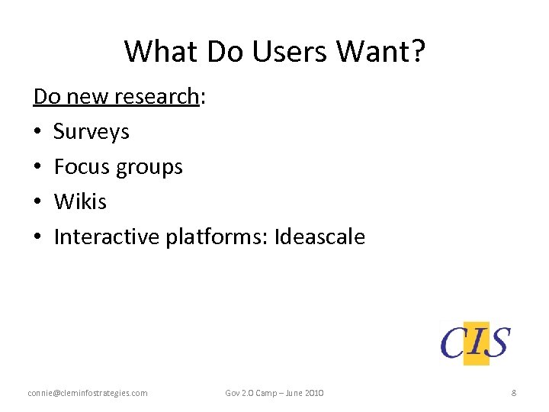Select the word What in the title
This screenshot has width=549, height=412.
coord(156,51)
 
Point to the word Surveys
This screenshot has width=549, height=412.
coord(91,132)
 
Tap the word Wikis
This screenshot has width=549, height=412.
coord(80,202)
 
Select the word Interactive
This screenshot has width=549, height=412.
coord(107,237)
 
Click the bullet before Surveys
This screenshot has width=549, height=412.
coord(37,132)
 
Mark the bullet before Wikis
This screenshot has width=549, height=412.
coord(37,202)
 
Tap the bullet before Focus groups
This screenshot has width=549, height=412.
coord(37,167)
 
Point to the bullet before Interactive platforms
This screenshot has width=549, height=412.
coord(37,237)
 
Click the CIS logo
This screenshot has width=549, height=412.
coord(475,343)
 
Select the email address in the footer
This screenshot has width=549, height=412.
coord(88,393)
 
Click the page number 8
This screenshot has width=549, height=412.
coord(514,393)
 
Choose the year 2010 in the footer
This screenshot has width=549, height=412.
coord(313,393)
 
